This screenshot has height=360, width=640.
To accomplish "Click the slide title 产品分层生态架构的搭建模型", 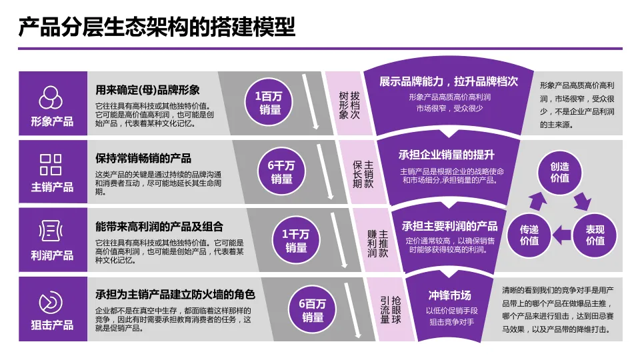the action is pos(157,28).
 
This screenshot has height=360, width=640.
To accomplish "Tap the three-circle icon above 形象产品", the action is pos(51,98).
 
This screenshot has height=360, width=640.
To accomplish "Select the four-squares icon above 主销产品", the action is pos(51,164).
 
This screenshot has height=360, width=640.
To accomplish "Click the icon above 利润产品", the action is pos(51,232).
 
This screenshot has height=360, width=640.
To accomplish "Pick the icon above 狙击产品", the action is pos(51,301).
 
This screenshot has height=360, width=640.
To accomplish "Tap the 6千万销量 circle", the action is pos(281,171).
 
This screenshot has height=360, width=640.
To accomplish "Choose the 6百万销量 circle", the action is pos(312,309).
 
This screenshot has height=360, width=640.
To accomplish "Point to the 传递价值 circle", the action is pos(529,235).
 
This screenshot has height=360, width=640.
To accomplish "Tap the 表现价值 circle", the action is pos(595,235).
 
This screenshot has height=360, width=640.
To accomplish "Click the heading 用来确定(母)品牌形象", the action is pos(148,90).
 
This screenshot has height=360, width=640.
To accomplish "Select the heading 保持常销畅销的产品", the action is pos(143,158).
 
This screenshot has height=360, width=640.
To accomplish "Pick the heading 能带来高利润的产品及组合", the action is pos(159,227).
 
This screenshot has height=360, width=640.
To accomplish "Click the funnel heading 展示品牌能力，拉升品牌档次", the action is pos(449,82).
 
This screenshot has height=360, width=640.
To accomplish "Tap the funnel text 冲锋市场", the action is pos(449,295).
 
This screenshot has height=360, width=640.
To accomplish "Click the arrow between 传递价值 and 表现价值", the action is pos(562,234).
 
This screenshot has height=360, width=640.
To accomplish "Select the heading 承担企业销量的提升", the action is pos(447,155).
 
